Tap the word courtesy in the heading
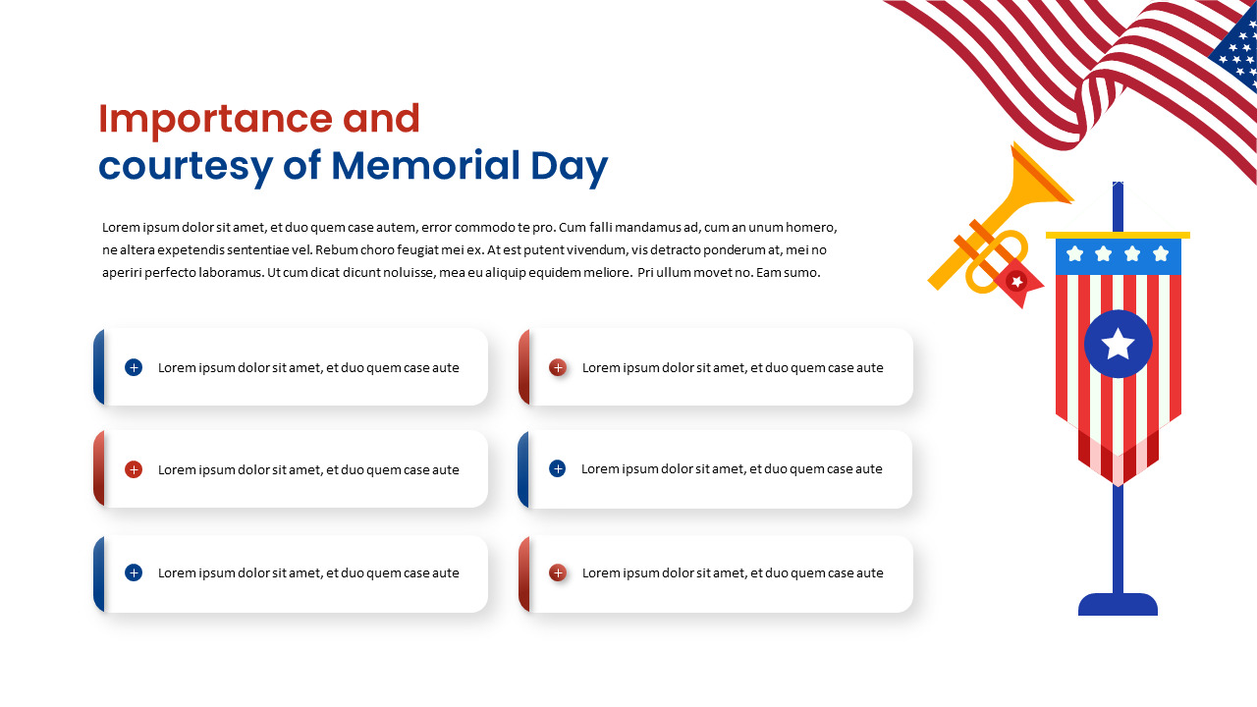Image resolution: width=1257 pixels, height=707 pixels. tap(184, 166)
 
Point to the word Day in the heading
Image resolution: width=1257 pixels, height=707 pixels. tap(569, 166)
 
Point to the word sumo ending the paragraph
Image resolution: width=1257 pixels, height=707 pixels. tap(801, 272)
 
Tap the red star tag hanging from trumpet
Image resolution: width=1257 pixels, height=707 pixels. tap(1017, 283)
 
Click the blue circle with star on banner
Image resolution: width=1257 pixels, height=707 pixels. tap(1118, 344)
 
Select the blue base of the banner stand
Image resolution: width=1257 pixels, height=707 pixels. tap(1118, 604)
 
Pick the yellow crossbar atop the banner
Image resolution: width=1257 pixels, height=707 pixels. tap(1118, 236)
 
